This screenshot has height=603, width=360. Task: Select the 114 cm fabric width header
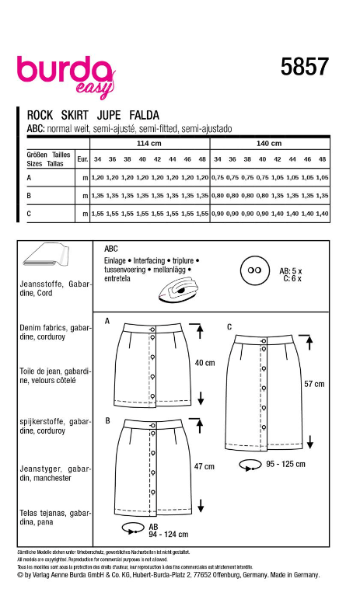point(149,144)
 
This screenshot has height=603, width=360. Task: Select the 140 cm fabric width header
point(269,144)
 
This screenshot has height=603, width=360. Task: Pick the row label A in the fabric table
point(29,177)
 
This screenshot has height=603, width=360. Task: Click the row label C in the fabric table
point(29,212)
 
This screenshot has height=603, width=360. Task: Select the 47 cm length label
point(204,466)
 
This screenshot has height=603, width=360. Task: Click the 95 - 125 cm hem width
point(284,464)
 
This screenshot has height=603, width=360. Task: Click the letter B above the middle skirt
point(107,420)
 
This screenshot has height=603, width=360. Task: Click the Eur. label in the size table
point(82,159)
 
